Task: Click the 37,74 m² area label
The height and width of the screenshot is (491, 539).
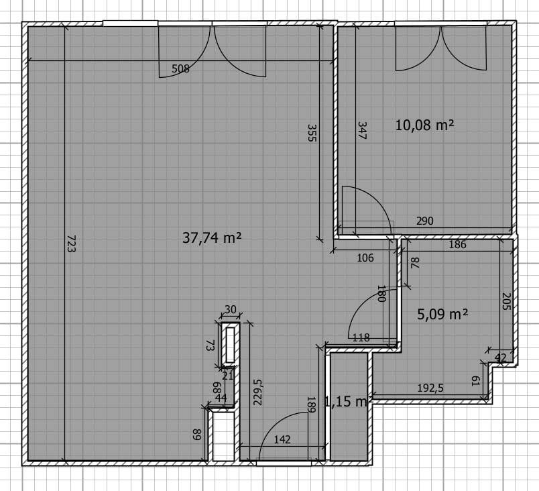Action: tap(212, 237)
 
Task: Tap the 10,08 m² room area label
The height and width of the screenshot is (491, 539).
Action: tap(424, 125)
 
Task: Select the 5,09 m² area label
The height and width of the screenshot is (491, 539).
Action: tap(442, 314)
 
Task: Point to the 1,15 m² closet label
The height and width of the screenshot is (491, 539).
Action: tap(349, 401)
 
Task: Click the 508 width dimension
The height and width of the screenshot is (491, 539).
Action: tap(180, 69)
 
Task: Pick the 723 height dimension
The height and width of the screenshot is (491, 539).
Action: tap(71, 243)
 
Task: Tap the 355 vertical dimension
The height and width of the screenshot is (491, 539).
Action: tap(312, 133)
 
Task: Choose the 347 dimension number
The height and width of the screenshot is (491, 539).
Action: tap(362, 130)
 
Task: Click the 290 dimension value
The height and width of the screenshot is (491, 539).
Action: tap(425, 221)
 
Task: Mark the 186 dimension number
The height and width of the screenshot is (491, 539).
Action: tap(457, 244)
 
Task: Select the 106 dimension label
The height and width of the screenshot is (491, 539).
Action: tap(365, 258)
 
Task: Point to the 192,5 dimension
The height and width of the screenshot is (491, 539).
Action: tap(430, 388)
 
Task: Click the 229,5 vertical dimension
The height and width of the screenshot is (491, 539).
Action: tap(258, 392)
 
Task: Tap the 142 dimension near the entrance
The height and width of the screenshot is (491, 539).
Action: tap(282, 439)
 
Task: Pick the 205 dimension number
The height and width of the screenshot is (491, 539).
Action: tap(506, 301)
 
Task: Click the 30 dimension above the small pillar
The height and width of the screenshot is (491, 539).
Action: tap(231, 309)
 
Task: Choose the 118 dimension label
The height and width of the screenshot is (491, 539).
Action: tap(361, 337)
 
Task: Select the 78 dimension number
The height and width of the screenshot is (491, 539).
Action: tap(415, 263)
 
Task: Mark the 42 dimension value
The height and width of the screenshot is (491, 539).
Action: tap(500, 358)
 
